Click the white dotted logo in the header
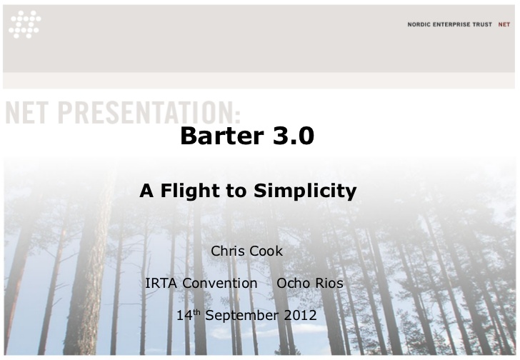click(x=25, y=24)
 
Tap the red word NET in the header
click(x=504, y=24)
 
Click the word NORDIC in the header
click(x=419, y=24)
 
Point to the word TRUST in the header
click(x=482, y=24)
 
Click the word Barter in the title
click(x=222, y=136)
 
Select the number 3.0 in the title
click(x=294, y=136)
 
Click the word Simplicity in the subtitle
click(x=305, y=191)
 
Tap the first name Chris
click(x=225, y=251)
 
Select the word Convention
click(x=220, y=283)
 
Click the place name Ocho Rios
click(x=310, y=283)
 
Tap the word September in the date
click(x=241, y=315)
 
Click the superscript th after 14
click(x=196, y=312)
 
